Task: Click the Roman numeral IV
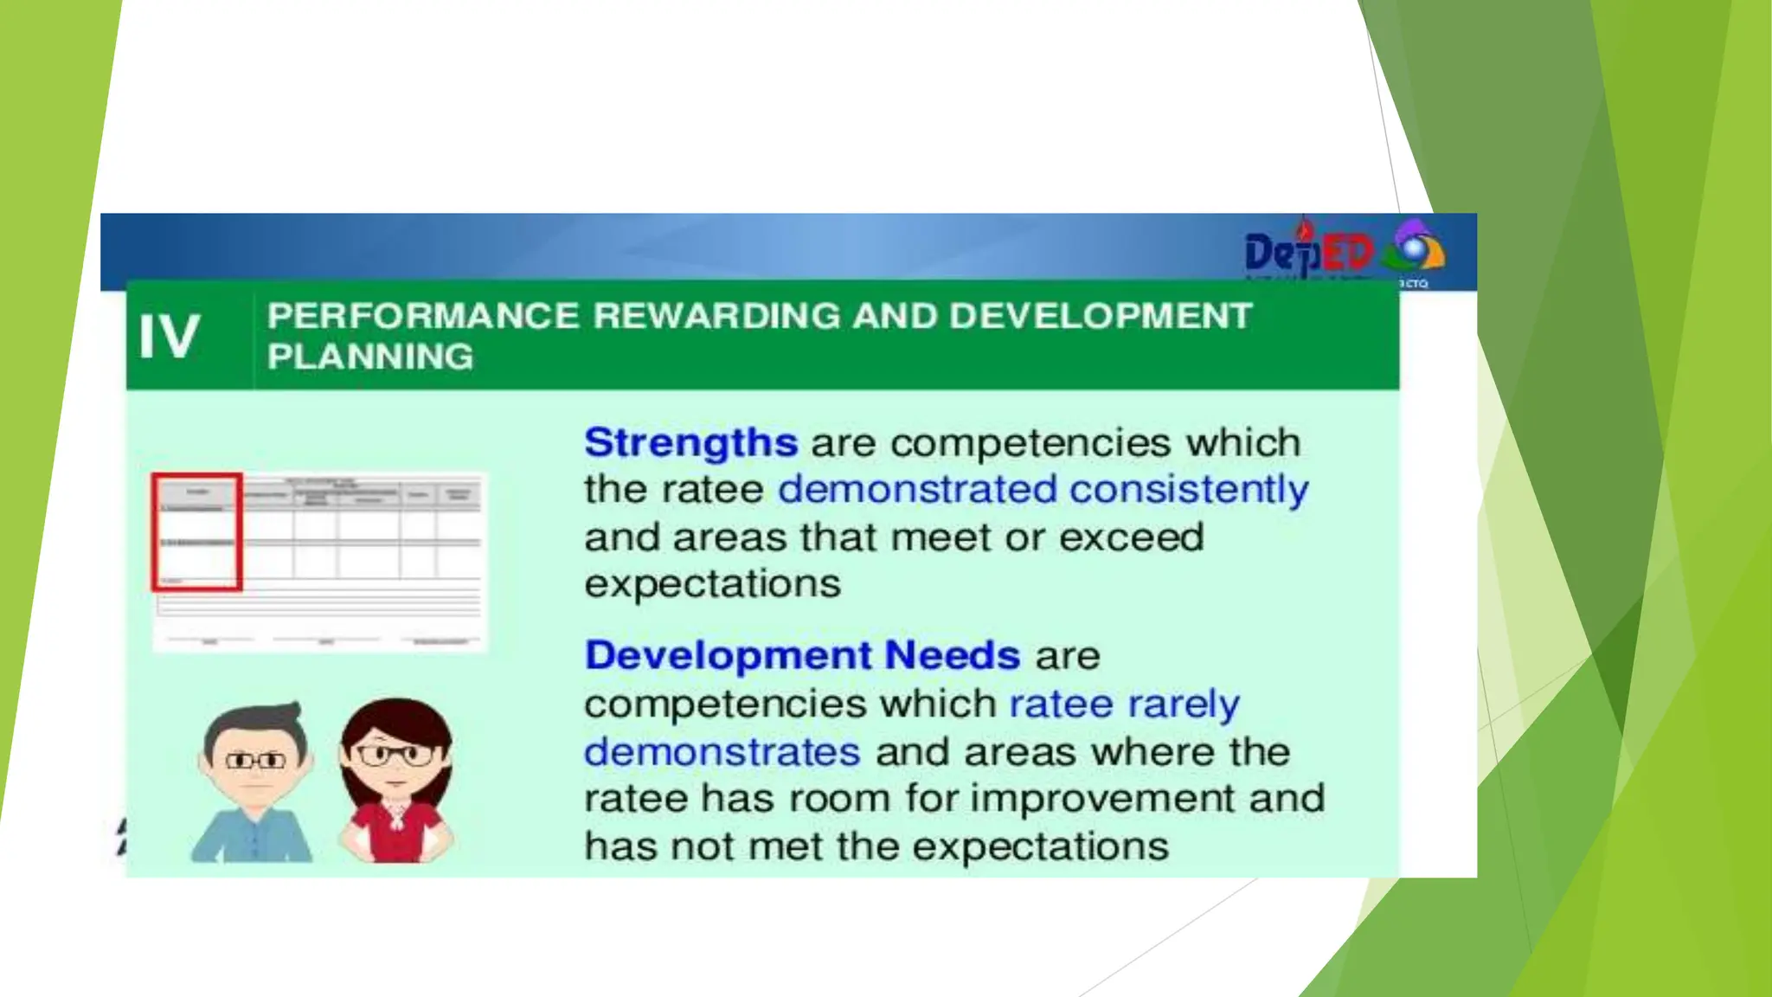[170, 336]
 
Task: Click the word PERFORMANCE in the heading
[423, 316]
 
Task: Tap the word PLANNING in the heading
[370, 357]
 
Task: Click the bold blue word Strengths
[690, 442]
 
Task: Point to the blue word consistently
[1189, 490]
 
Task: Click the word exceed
[1131, 537]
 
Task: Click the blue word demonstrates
[722, 751]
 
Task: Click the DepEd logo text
[1308, 253]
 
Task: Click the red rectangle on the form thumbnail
[196, 532]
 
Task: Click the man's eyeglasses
[255, 761]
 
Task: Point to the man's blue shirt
[252, 835]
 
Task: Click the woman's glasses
[395, 755]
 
